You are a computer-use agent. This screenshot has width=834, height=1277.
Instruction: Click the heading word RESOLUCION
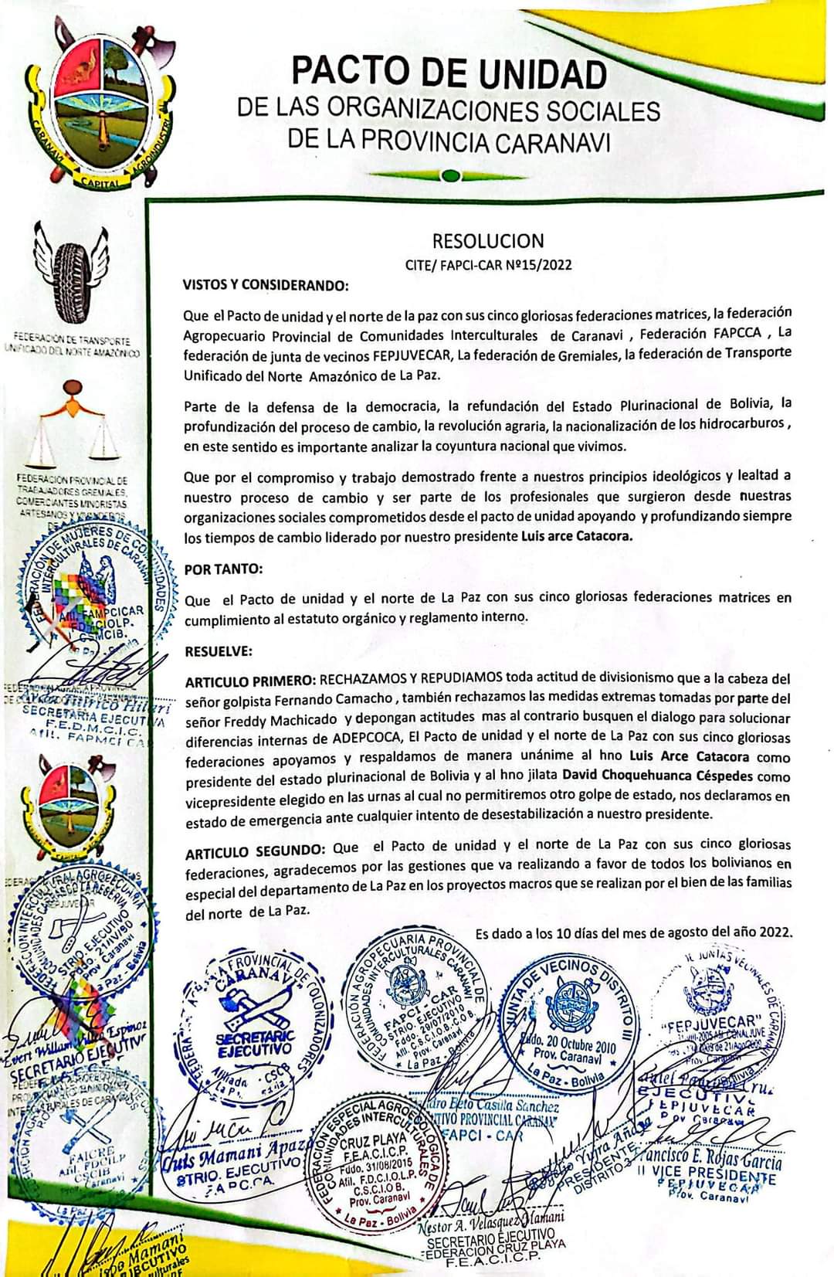tap(488, 241)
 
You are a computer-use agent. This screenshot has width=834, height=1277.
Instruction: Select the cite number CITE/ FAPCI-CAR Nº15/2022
tap(488, 265)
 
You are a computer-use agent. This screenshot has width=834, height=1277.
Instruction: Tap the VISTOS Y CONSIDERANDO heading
tap(266, 285)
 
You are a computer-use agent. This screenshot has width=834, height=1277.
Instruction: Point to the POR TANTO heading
tap(223, 569)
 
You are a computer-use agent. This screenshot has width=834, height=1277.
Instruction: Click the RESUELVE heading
tap(219, 651)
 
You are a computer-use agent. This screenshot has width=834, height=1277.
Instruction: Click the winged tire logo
tap(76, 270)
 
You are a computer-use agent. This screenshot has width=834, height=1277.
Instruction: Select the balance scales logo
tap(74, 425)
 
